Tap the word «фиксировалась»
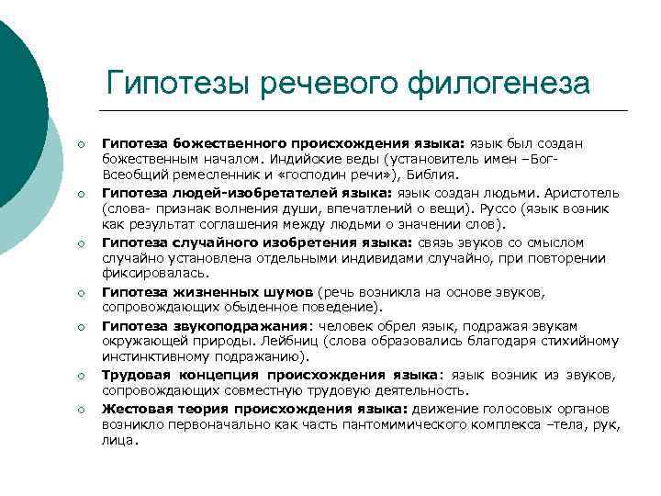coord(142,274)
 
